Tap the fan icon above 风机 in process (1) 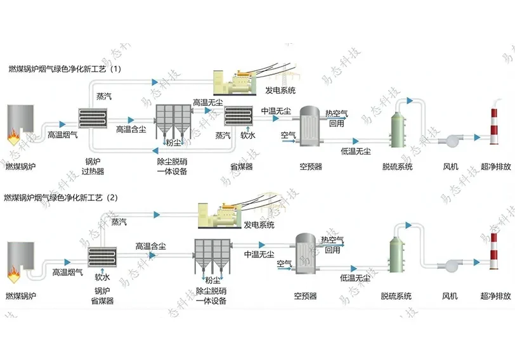point(452,139)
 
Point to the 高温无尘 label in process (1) point(207,103)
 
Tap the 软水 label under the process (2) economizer point(103,277)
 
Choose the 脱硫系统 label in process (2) point(396,296)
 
